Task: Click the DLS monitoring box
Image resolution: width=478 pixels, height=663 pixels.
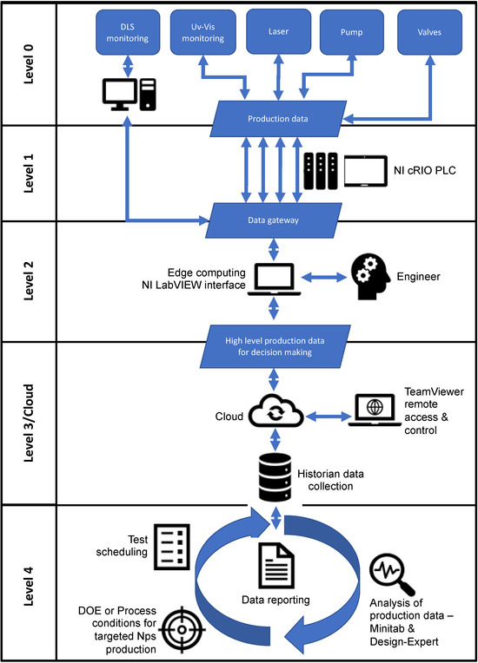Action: click(x=128, y=33)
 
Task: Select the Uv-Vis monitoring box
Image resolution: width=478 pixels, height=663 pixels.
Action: click(x=202, y=33)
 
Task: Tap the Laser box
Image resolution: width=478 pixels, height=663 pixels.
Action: click(x=279, y=32)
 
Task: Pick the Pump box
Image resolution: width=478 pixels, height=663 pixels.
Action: click(x=352, y=32)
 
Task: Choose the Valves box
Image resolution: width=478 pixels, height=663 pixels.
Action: click(x=429, y=32)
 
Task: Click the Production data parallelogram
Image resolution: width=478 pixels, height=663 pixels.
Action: click(x=278, y=119)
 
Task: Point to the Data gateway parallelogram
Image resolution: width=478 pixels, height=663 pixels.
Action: click(x=274, y=220)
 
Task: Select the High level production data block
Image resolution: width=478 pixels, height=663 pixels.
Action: click(x=276, y=346)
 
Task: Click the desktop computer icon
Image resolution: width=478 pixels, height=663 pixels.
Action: click(x=129, y=95)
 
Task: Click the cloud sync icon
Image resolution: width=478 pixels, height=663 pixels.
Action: click(x=276, y=411)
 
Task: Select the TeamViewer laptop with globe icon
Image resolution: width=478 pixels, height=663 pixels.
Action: click(x=375, y=410)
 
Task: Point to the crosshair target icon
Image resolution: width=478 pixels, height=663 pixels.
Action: click(x=182, y=630)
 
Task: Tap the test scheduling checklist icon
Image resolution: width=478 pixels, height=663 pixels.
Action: click(x=171, y=547)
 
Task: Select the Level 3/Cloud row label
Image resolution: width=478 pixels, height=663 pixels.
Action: click(x=29, y=423)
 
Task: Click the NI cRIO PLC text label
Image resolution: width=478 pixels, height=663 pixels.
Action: click(x=425, y=170)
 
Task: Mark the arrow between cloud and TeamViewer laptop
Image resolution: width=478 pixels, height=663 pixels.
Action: click(x=329, y=417)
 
